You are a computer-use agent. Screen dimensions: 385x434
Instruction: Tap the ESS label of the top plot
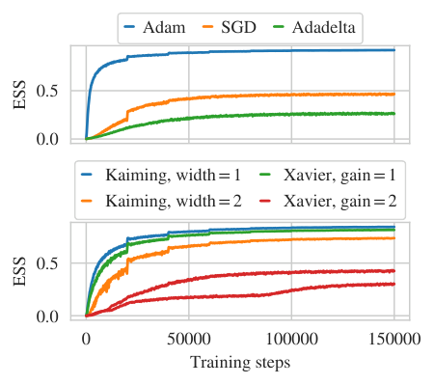point(20,94)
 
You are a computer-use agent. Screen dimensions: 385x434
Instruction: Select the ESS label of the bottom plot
point(20,271)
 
